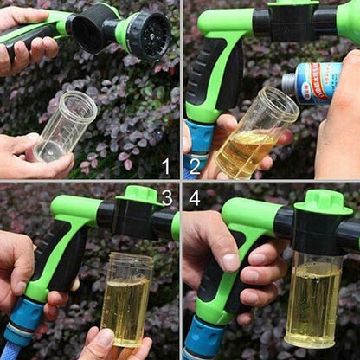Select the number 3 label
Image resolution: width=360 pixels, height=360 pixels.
tap(166, 198)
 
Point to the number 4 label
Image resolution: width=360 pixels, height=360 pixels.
tap(195, 198)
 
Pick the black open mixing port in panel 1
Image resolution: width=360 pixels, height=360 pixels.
tap(88, 34)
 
